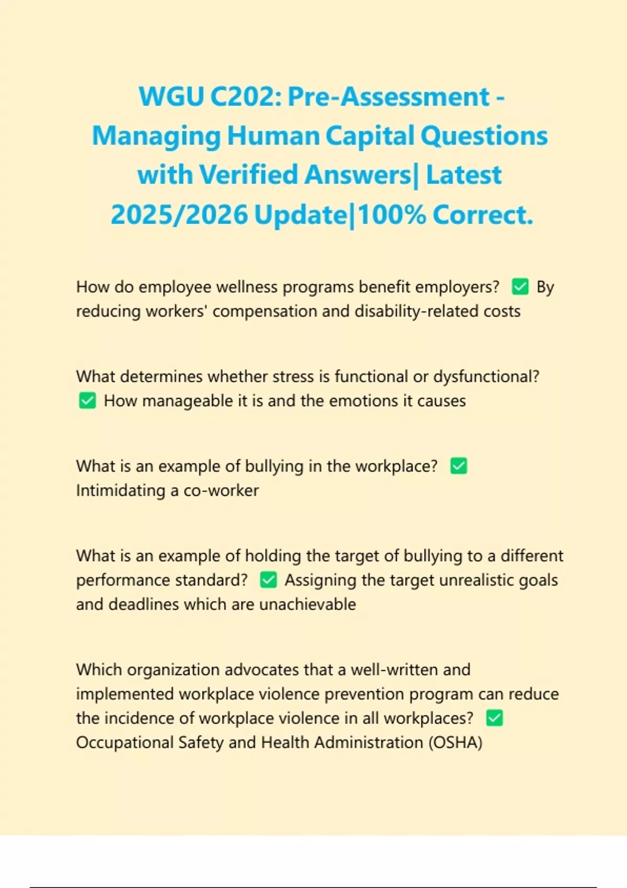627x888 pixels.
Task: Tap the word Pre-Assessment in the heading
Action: click(389, 97)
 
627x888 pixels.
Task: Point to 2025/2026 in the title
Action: click(179, 215)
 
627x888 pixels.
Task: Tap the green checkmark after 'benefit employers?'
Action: click(520, 287)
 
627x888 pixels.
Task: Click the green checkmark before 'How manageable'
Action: click(87, 401)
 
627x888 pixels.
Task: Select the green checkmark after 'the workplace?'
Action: click(458, 466)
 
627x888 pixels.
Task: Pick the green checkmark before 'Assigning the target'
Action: click(268, 580)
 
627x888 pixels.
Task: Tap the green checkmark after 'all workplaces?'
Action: click(494, 718)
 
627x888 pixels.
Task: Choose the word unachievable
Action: click(308, 604)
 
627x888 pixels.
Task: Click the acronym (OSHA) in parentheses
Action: click(455, 742)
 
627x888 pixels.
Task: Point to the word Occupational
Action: click(124, 742)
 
